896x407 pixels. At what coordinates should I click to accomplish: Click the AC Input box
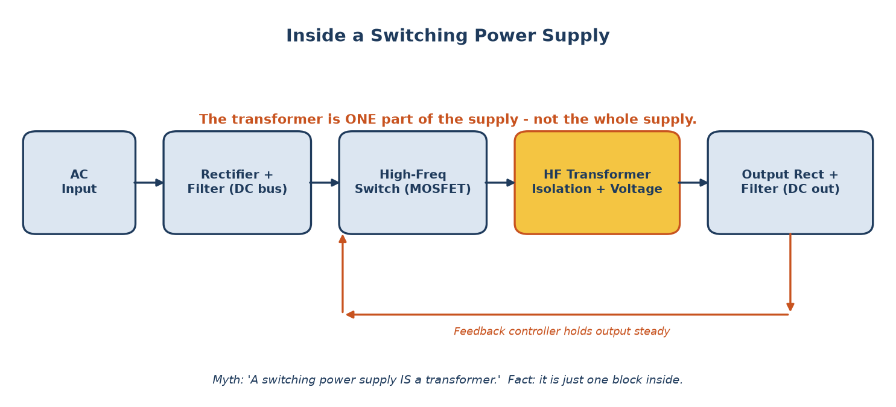[x=79, y=182]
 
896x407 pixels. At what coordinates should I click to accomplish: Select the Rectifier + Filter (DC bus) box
[x=237, y=182]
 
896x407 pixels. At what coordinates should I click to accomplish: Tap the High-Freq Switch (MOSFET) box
[x=413, y=182]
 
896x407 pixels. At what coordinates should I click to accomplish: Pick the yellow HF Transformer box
[x=597, y=182]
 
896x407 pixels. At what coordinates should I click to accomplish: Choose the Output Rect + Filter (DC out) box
[x=790, y=182]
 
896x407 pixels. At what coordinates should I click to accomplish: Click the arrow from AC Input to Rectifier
[x=149, y=183]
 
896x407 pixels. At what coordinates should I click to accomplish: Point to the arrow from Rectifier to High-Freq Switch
[x=325, y=183]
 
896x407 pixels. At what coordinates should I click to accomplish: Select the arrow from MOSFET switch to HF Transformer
[x=500, y=183]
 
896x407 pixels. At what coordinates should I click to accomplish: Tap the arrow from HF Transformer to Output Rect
[x=693, y=183]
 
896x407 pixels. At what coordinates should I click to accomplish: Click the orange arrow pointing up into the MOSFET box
[x=342, y=274]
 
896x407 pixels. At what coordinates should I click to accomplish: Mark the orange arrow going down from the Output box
[x=790, y=273]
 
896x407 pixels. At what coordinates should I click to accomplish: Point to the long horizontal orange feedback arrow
[x=567, y=315]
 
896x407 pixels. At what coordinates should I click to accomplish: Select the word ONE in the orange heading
[x=360, y=119]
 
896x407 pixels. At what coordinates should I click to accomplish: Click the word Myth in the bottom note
[x=227, y=380]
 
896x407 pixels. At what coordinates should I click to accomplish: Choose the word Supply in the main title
[x=576, y=36]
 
